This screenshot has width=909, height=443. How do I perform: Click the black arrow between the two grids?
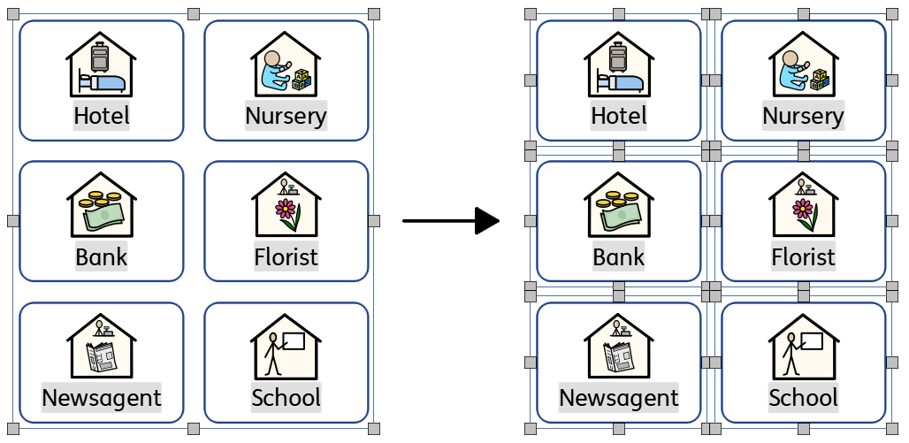pos(451,220)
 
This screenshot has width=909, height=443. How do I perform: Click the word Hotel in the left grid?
pos(102,116)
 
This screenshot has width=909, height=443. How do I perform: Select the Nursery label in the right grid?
pos(803,116)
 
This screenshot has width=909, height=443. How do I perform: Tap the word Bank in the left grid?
pos(102,257)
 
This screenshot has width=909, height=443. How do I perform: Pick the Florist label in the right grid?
pos(803,257)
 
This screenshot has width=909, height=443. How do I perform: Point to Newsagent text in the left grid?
pos(102,397)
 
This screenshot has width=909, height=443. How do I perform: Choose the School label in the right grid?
pos(803,397)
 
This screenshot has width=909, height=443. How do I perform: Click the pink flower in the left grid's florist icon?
pos(285,210)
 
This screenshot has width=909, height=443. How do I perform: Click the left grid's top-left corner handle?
pos(13,15)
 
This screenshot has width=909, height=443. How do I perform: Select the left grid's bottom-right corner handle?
pos(373,429)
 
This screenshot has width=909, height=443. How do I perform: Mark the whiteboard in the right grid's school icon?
pos(810,340)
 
